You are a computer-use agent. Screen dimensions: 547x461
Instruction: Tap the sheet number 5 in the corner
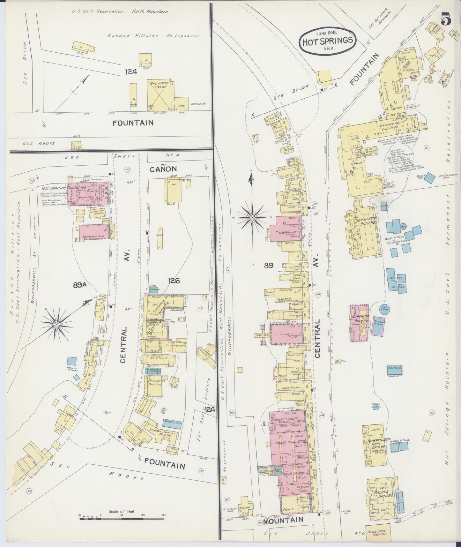pyautogui.click(x=446, y=20)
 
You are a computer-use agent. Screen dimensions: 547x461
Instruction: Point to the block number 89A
pyautogui.click(x=80, y=285)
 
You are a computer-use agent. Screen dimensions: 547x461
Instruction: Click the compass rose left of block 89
pyautogui.click(x=252, y=217)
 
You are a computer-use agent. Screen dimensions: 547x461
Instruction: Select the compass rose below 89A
pyautogui.click(x=56, y=324)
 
